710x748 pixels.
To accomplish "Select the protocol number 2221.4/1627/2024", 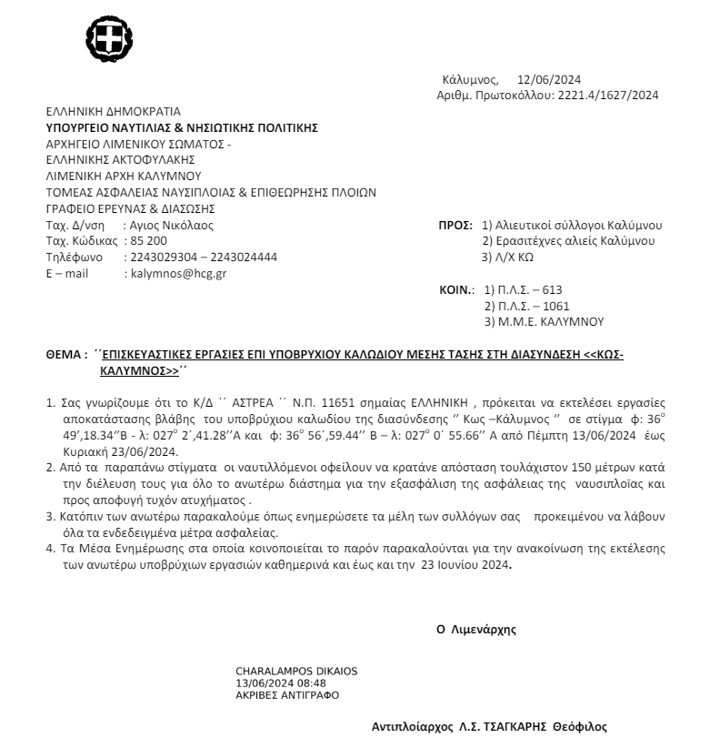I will (606, 95).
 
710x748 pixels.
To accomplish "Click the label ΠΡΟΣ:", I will (455, 225).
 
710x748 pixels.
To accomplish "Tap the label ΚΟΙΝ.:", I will (457, 290).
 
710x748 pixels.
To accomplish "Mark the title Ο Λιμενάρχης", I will (477, 628).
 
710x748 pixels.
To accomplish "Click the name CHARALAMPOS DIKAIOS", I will (296, 672).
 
